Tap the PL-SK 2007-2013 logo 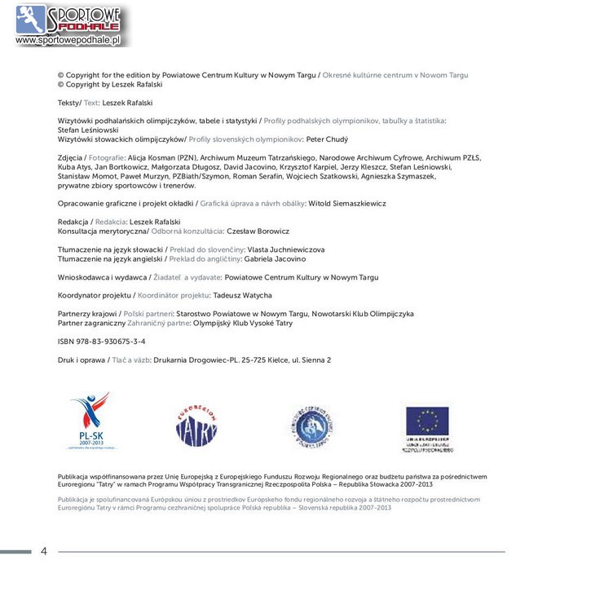click(90, 420)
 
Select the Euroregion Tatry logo click(196, 425)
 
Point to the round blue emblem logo click(312, 426)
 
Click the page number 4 click(44, 551)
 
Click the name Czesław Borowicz click(258, 231)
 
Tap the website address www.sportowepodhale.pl click(68, 40)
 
